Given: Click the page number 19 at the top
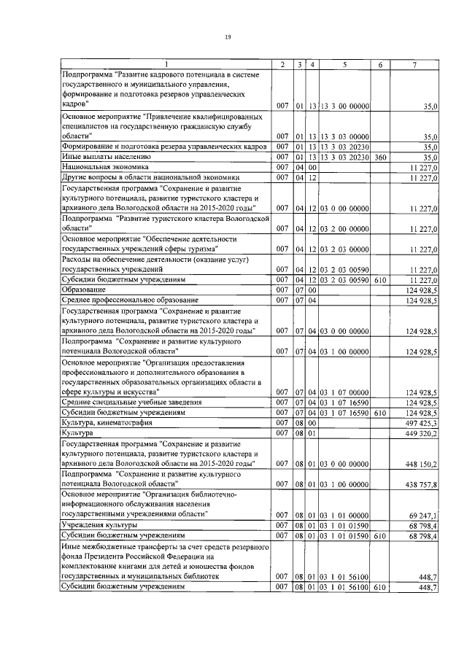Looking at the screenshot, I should point(228,36).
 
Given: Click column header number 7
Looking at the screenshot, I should point(414,66).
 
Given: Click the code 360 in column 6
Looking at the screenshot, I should point(379,157).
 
